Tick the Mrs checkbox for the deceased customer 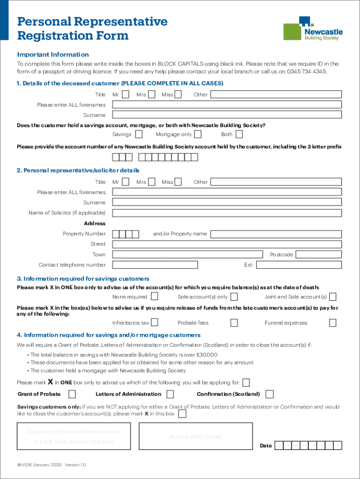151,94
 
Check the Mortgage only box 198,135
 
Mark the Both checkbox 239,135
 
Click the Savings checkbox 139,135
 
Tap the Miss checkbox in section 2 178,182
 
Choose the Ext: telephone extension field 299,265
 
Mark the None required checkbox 154,297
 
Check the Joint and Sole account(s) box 332,297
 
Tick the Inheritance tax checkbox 154,323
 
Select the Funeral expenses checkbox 332,323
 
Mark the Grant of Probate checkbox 72,394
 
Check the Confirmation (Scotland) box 269,394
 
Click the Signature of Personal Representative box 74,436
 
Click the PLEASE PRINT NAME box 195,436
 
